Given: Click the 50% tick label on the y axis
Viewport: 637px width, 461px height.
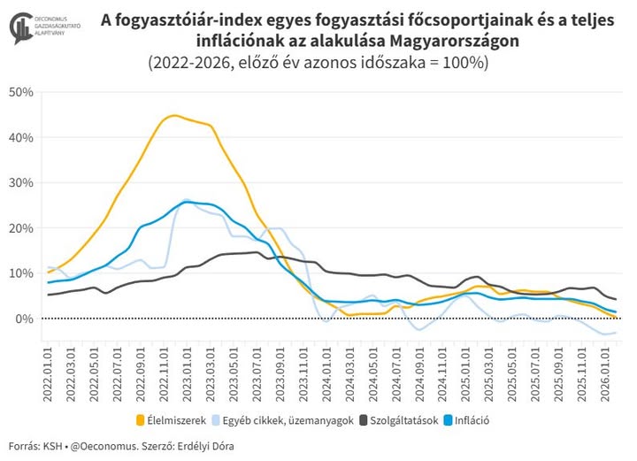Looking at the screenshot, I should pos(20,92).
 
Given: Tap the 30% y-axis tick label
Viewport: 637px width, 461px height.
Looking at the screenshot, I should pos(20,182).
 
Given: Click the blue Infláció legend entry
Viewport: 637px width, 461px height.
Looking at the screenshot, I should pos(467,420).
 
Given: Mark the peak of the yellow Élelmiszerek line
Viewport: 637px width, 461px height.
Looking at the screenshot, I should pos(173,116).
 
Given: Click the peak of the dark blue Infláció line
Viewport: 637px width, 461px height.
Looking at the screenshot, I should pos(188,202).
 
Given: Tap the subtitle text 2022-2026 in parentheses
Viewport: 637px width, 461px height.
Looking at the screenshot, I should pos(186,64).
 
